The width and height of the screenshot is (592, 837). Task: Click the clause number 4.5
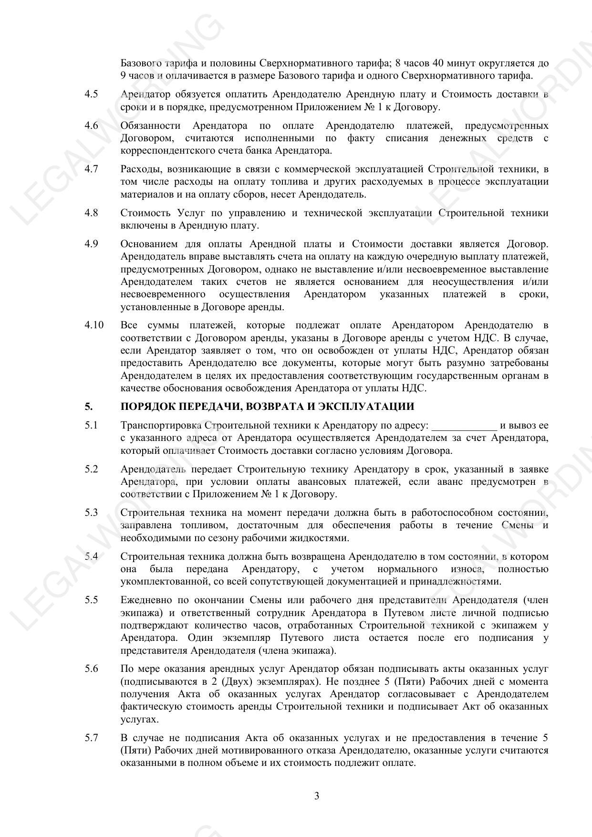coord(91,94)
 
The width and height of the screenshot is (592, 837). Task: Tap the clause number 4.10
coord(94,325)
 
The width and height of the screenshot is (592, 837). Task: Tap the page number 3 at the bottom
coord(317,796)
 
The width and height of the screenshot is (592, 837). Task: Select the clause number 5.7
coord(91,738)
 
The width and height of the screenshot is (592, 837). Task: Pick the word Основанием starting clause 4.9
coord(148,244)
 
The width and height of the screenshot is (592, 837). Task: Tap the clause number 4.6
coord(91,126)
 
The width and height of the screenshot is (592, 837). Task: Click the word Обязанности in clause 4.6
coord(150,126)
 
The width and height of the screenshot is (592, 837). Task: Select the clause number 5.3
coord(91,513)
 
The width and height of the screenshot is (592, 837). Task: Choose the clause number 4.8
coord(91,213)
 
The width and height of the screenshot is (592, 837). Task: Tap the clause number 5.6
coord(91,669)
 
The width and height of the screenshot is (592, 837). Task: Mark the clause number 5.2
coord(91,470)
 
